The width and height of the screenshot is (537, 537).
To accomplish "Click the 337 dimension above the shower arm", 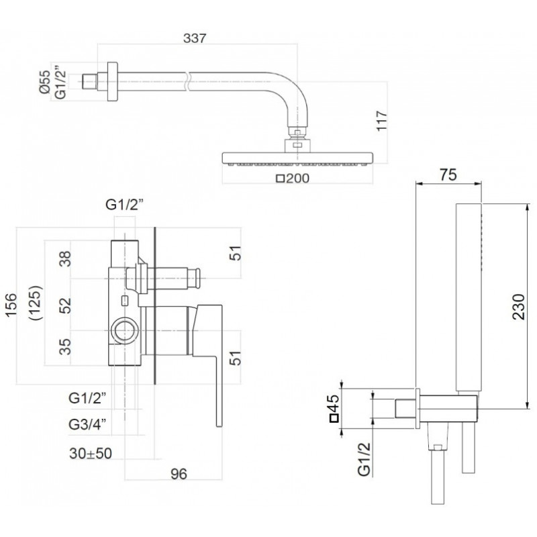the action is coord(195,38).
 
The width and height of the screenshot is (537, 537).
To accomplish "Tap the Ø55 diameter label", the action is coord(45,82).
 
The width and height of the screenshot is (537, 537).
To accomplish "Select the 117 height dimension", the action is coord(381,120).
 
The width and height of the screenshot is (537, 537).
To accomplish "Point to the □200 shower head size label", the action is coord(293,179).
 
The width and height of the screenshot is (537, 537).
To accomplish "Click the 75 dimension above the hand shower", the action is coord(448,175).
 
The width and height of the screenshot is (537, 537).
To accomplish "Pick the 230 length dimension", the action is coord(519,307).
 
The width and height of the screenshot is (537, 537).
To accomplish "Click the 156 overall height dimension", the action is coord(11,305).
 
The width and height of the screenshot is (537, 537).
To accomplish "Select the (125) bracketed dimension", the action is coord(36,303).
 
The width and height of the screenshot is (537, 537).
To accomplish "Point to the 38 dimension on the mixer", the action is coord(65,258).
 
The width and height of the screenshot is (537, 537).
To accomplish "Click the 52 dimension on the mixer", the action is coord(65,305).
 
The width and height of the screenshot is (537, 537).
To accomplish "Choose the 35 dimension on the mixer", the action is coord(65,346).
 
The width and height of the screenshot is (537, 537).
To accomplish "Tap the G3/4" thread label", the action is coord(87,425).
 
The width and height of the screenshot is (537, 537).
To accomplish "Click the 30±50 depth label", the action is coord(91,453).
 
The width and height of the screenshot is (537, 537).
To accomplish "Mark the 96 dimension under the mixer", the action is coord(179,474).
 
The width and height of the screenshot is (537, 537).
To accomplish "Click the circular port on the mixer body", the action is coord(125,331).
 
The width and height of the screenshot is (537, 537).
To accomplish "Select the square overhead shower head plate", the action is coord(297,158).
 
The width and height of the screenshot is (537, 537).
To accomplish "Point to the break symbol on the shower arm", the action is coord(187,81).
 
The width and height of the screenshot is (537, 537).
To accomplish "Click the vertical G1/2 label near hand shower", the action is coord(364,459).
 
